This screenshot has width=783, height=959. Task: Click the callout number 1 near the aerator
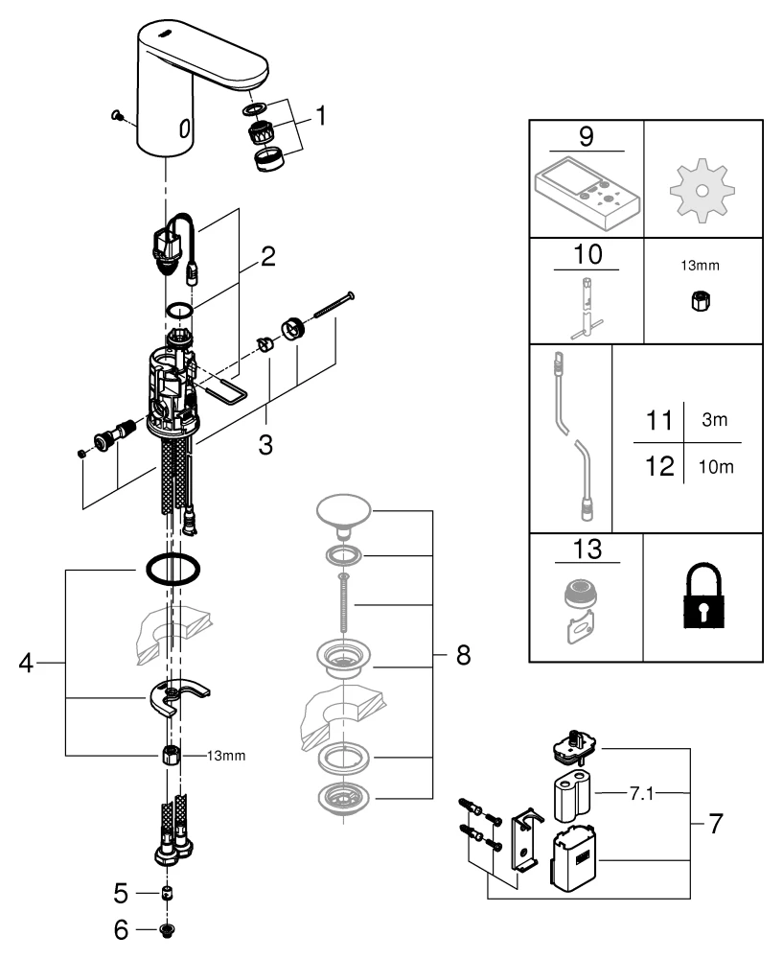click(321, 117)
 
